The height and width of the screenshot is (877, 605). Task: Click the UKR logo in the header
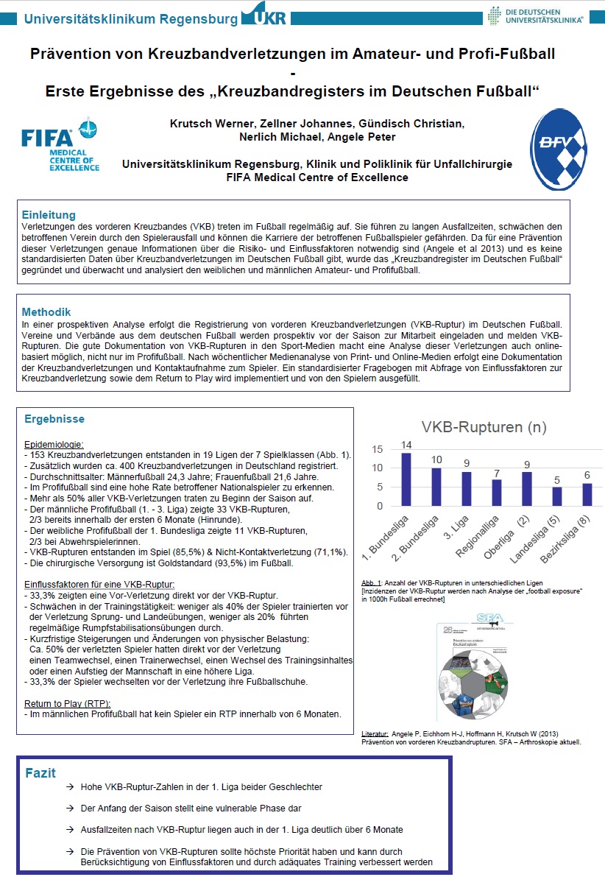coord(263,15)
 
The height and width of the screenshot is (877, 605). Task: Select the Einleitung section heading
coord(49,215)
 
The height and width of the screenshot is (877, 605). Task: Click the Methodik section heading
coord(46,311)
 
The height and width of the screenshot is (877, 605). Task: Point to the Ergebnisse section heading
coord(54,419)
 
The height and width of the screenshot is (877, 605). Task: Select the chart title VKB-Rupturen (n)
coord(484,427)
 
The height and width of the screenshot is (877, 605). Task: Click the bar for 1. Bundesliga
coord(406,479)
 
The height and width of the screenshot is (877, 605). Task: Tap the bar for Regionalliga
coord(496,493)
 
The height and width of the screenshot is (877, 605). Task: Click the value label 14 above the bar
coord(406,445)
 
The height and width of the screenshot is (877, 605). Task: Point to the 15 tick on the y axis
coord(377,449)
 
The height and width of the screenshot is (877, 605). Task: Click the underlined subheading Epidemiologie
coord(54,445)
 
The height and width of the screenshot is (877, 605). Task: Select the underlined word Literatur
coord(375,734)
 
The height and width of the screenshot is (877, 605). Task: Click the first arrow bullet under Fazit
coord(68,787)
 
